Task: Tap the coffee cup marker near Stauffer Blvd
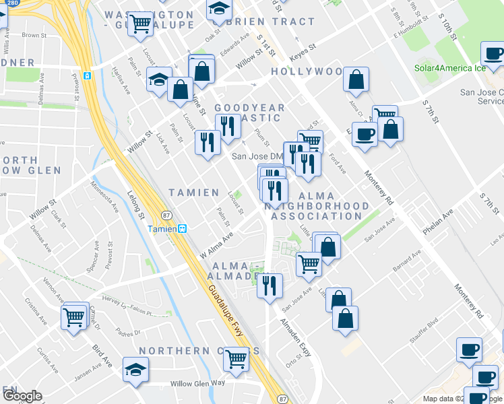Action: (x=469, y=349)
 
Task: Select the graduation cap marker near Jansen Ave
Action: (x=135, y=370)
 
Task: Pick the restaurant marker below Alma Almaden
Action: (x=270, y=285)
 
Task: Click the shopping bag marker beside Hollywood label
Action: (x=356, y=79)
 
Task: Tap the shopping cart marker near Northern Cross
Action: (x=236, y=359)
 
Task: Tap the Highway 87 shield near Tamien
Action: (x=166, y=215)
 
